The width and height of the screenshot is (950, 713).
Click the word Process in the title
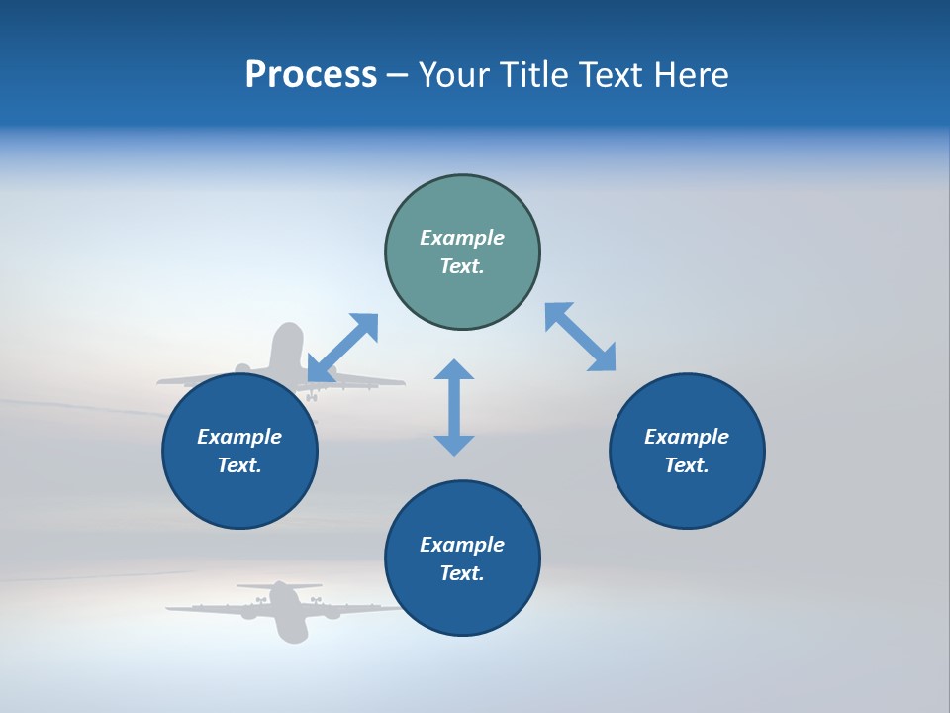click(311, 75)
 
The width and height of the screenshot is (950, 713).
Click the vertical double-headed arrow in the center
click(454, 408)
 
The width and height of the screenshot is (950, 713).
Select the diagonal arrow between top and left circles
click(342, 348)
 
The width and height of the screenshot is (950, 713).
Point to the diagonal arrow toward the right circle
click(580, 337)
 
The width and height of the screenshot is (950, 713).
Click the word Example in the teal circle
click(462, 238)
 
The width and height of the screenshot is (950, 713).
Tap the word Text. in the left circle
click(239, 465)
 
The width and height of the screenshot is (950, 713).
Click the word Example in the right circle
click(687, 437)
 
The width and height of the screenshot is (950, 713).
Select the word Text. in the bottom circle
click(462, 573)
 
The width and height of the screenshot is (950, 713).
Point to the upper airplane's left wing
click(198, 379)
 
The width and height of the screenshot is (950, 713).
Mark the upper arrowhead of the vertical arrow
click(454, 370)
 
